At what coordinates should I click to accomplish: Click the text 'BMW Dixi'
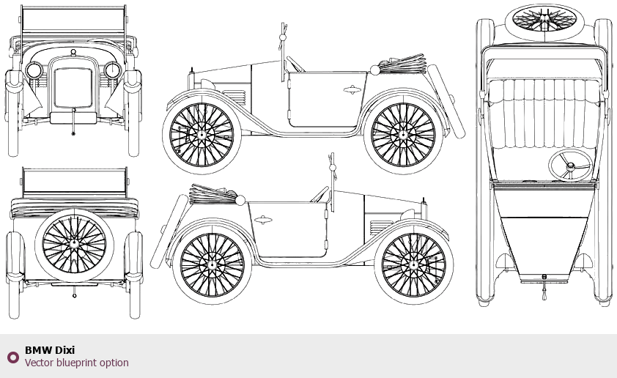click(50, 350)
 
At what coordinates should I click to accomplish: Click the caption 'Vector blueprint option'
click(76, 363)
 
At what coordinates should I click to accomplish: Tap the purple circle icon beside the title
click(12, 357)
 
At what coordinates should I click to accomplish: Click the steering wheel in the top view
click(570, 166)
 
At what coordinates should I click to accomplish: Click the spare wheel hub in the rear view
click(74, 245)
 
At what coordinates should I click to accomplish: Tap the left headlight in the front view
click(34, 70)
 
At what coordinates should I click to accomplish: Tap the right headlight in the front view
click(113, 70)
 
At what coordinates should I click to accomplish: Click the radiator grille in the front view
click(73, 89)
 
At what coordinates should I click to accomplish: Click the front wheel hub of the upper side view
click(202, 135)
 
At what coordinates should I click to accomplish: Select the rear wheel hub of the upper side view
click(402, 135)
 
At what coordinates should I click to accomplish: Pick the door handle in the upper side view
click(352, 90)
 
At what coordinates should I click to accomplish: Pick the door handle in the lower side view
click(262, 218)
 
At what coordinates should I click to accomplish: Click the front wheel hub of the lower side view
click(413, 264)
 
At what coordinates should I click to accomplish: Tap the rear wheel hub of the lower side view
click(212, 264)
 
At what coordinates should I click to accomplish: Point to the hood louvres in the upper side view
click(235, 97)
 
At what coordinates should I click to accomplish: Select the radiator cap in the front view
click(73, 51)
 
